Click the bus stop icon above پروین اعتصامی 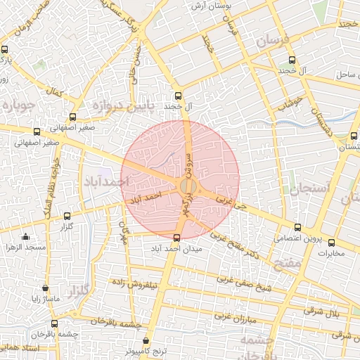298,227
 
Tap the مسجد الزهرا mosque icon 26,236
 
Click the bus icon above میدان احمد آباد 176,237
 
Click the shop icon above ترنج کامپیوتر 145,341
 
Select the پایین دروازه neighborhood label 117,106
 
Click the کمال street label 53,91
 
